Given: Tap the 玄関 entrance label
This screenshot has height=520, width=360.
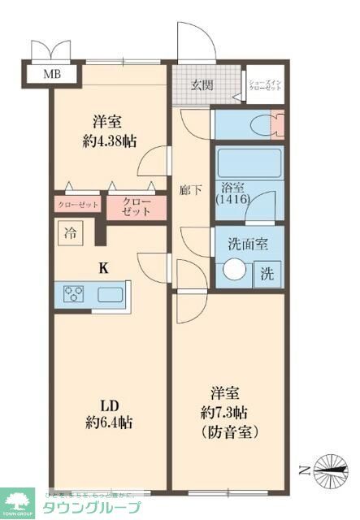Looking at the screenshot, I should coord(202,84).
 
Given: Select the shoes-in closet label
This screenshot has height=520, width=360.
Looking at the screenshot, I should coord(264,85).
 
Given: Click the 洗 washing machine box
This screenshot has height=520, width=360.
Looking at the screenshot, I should coord(267,274).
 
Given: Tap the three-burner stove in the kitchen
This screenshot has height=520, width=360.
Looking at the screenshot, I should coord(72,294).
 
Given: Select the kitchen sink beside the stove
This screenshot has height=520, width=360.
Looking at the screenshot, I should coord(109,294).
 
